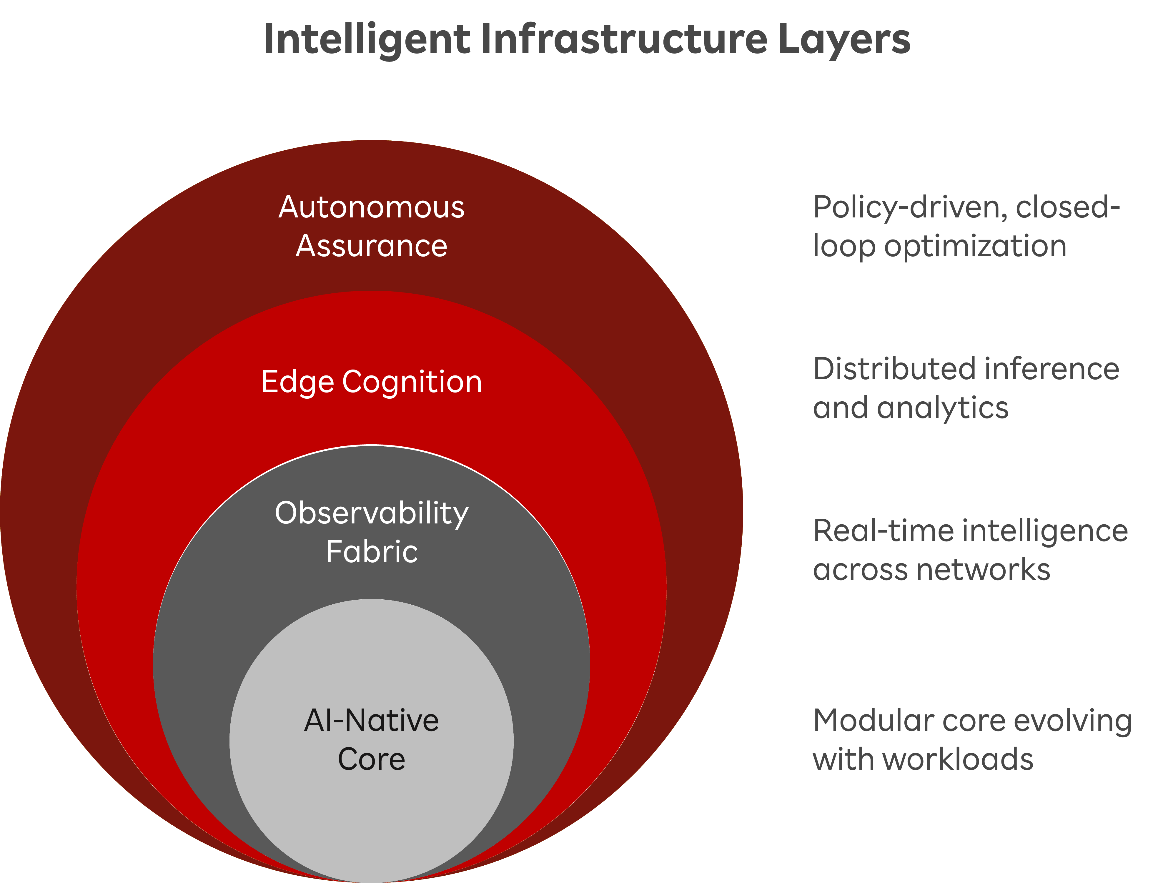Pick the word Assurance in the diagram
(372, 246)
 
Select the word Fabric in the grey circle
(372, 552)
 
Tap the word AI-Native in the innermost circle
(372, 721)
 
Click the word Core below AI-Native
(372, 759)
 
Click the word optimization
(975, 246)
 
